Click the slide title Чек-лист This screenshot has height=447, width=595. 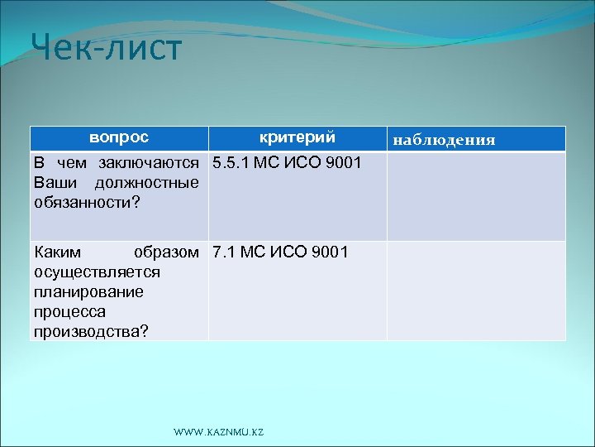(106, 49)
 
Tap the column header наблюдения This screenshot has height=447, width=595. (444, 140)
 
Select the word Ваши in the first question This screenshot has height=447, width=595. (51, 182)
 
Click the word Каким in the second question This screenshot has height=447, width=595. (55, 252)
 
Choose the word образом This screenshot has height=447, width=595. (165, 252)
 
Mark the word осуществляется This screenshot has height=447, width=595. (85, 272)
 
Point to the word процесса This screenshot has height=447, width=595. (64, 311)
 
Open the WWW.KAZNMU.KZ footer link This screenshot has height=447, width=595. (218, 433)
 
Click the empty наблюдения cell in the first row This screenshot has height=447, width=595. (476, 196)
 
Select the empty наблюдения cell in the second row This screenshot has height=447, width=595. (476, 291)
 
